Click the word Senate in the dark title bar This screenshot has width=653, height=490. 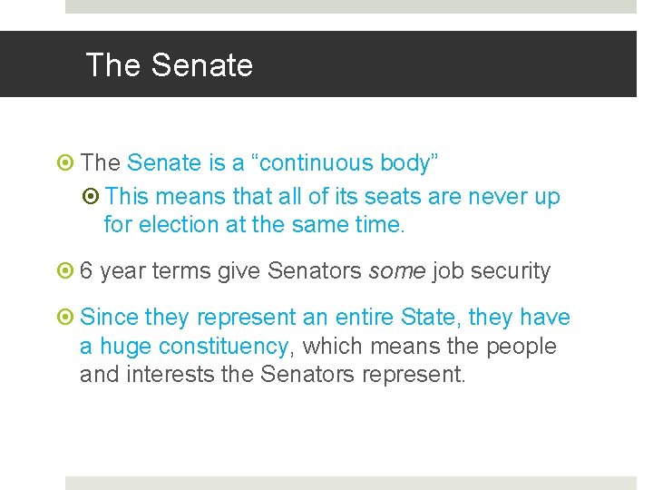(202, 65)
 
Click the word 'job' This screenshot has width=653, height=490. (446, 271)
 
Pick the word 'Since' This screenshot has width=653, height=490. (110, 318)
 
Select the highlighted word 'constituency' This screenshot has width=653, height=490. (223, 347)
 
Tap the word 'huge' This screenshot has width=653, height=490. (124, 347)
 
